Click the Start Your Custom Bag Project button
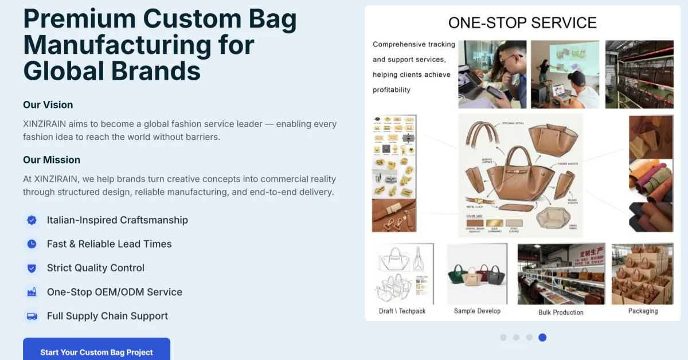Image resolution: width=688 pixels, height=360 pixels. [x=96, y=351]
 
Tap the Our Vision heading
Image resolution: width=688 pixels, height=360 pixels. [x=48, y=105]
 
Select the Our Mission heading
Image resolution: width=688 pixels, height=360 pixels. [x=52, y=160]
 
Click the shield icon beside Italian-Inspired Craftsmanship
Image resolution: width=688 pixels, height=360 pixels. [x=32, y=220]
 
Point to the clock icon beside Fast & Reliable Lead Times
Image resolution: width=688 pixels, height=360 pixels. [x=32, y=244]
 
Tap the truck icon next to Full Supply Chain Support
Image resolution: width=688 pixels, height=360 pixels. [x=32, y=316]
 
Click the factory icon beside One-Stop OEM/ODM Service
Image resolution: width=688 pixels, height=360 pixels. [x=32, y=292]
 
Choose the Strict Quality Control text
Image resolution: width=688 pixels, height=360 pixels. [x=95, y=268]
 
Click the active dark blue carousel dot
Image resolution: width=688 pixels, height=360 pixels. [x=542, y=338]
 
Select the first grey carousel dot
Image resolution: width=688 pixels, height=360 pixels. [x=503, y=338]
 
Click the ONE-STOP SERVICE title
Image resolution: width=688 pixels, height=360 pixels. [x=522, y=23]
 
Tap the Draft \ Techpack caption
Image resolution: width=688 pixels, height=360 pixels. [x=402, y=311]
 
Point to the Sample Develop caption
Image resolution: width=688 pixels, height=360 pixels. [x=477, y=311]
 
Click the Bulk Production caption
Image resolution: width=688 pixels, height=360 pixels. [x=561, y=312]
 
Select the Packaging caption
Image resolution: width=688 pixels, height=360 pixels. [x=643, y=311]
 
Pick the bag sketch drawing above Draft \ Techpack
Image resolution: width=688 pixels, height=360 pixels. [x=402, y=274]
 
